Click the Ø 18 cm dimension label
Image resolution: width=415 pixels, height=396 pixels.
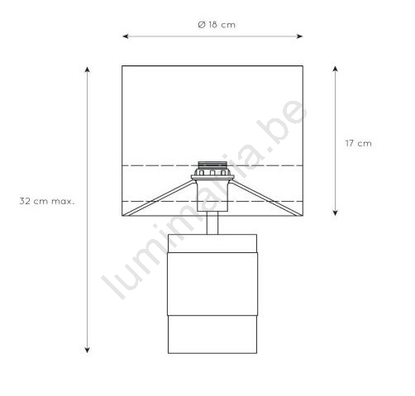(217, 25)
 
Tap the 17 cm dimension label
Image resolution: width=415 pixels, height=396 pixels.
(359, 143)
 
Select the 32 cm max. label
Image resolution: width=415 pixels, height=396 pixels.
(47, 201)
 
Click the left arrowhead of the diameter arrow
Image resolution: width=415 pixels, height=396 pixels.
(126, 36)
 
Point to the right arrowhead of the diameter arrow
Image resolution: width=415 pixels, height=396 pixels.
(299, 36)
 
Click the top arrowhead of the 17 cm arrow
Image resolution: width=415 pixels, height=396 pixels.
(335, 69)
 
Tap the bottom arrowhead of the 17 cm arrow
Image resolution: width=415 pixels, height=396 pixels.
(335, 212)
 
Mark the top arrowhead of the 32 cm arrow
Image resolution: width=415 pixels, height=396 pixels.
(88, 69)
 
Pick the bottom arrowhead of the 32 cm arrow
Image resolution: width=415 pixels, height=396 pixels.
(88, 350)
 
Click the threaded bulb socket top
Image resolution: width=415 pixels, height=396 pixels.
(212, 165)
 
